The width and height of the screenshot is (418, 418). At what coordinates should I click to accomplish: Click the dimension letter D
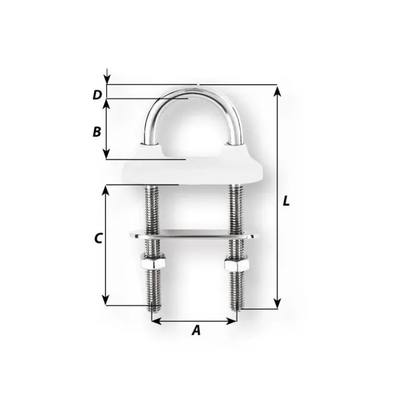[x=97, y=95]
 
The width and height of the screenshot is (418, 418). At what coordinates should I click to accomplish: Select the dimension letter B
[x=97, y=132]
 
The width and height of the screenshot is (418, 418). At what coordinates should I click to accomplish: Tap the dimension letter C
[x=98, y=238]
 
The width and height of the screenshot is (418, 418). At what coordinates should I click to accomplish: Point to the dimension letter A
[x=196, y=330]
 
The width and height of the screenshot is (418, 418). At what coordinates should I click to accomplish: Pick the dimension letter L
[x=286, y=201]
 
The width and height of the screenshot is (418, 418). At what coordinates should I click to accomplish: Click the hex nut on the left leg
[x=153, y=262]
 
